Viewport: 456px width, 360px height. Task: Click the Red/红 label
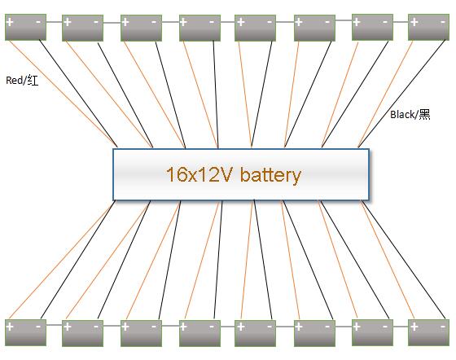(x=22, y=81)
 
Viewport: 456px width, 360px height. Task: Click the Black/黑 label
(x=410, y=114)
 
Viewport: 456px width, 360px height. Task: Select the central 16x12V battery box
(x=241, y=174)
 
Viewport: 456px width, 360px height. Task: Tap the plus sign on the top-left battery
(x=10, y=22)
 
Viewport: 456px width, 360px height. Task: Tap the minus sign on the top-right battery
(x=443, y=22)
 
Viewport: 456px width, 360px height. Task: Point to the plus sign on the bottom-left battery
(x=10, y=327)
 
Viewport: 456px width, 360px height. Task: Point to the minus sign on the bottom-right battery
(x=443, y=327)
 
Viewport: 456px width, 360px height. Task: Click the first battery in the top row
(x=25, y=27)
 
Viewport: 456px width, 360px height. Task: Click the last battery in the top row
(x=428, y=27)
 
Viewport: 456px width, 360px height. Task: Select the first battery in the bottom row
(x=25, y=332)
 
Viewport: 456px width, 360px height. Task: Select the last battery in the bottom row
(x=428, y=332)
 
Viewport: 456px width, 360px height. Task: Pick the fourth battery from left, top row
(x=199, y=28)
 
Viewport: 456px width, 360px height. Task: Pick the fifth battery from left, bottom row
(x=256, y=333)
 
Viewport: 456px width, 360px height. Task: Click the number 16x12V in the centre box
(x=200, y=174)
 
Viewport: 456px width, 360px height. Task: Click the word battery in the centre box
(x=270, y=175)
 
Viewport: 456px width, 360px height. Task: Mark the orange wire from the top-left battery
(x=63, y=93)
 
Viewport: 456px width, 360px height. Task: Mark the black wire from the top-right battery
(x=402, y=94)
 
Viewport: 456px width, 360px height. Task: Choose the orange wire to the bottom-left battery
(x=61, y=261)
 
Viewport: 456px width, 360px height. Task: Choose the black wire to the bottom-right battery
(x=405, y=259)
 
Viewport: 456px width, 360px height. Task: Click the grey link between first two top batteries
(x=54, y=22)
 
